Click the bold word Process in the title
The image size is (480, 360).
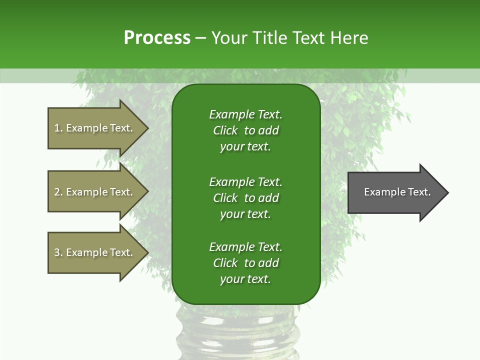[157, 38]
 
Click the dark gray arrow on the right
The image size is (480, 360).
[395, 192]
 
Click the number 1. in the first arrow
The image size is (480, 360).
[58, 128]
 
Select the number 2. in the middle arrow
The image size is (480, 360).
[58, 192]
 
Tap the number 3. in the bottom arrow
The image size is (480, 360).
[58, 252]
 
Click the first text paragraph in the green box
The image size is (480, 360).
[245, 130]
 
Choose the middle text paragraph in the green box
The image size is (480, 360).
[245, 197]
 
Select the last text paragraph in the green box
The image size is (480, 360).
[245, 263]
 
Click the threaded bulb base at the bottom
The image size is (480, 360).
[237, 332]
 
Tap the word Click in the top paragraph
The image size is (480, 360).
[225, 130]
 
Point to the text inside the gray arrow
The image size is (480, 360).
[397, 192]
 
